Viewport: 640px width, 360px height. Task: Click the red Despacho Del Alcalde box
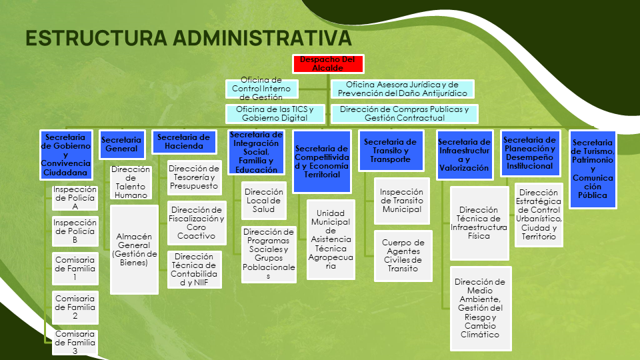tap(328, 64)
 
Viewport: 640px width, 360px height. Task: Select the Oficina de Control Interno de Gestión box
tap(261, 89)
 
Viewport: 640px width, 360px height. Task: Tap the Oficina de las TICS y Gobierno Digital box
tap(275, 114)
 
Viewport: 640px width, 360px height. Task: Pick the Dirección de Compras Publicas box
tap(404, 114)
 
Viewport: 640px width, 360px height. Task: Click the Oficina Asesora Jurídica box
tap(402, 89)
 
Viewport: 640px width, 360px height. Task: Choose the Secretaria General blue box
tap(122, 145)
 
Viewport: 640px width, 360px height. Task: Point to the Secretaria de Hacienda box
tap(184, 142)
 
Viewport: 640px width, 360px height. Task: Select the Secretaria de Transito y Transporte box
tap(391, 151)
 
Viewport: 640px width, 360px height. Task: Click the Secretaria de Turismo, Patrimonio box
tap(593, 169)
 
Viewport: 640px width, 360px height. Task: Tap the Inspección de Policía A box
tap(75, 198)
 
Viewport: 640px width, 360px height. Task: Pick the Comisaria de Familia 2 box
tap(75, 307)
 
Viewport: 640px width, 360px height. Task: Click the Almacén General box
tap(134, 249)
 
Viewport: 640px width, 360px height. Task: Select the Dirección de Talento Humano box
tap(131, 182)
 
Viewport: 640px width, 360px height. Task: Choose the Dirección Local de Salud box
tap(264, 201)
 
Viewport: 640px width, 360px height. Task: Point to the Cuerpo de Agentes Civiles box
tap(403, 256)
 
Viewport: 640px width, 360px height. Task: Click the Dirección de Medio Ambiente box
tap(481, 308)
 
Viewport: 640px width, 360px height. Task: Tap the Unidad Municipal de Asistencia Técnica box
tap(331, 239)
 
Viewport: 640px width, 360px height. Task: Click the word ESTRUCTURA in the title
tap(96, 38)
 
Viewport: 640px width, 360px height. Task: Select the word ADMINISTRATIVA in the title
tap(262, 38)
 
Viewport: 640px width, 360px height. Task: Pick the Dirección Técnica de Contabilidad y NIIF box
tap(194, 269)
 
